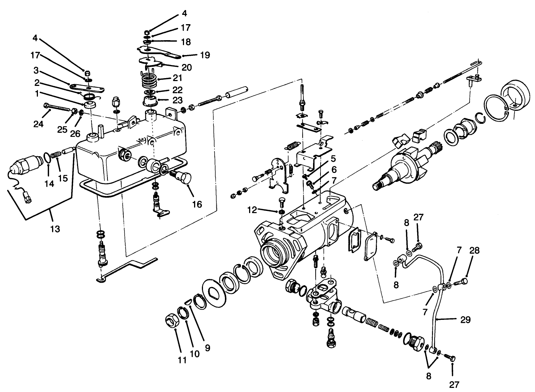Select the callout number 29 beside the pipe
(465, 319)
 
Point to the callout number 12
(252, 210)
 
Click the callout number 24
(39, 124)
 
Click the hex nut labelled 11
(171, 321)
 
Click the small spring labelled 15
(56, 154)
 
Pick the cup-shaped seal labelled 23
(149, 101)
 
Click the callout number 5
(333, 158)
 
